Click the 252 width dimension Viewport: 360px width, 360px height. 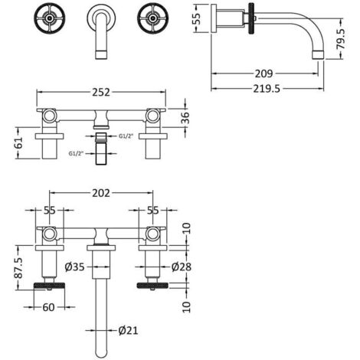point(101,92)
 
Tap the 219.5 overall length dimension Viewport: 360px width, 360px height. point(267,89)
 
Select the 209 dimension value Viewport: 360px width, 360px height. point(264,74)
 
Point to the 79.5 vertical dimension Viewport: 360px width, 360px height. point(341,38)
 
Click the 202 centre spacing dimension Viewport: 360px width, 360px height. point(101,193)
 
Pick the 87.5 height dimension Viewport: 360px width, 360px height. point(18,267)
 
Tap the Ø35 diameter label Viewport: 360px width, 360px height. point(74,267)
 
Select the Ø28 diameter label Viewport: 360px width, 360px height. point(182,267)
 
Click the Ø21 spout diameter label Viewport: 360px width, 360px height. point(128,331)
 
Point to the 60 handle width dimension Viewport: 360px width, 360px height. point(48,307)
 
